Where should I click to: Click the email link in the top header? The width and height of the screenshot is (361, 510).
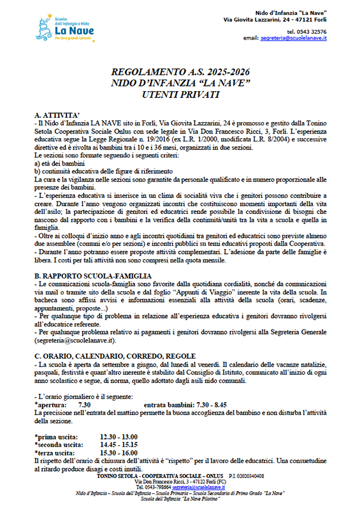pos(293,38)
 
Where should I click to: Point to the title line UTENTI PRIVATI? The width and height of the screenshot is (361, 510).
pos(180,94)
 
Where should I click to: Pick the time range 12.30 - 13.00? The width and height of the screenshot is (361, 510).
pos(119,437)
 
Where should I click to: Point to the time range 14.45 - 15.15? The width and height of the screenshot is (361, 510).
pos(119,444)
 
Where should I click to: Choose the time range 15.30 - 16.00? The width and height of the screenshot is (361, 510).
pos(119,452)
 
